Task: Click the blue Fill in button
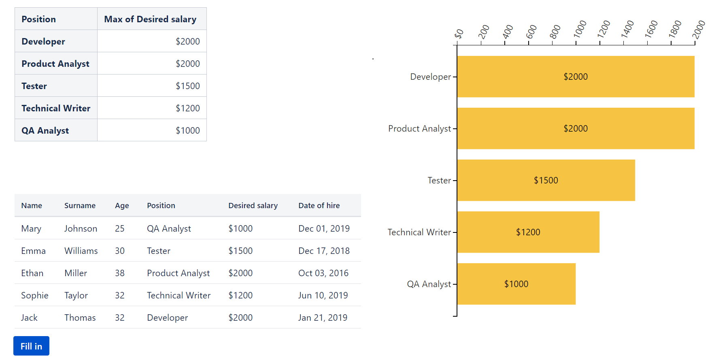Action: pos(31,346)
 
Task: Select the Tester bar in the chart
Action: pos(546,180)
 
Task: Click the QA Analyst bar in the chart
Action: pos(516,284)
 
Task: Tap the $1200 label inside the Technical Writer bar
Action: pos(528,232)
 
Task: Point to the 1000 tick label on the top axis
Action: pos(580,29)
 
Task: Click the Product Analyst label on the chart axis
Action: pos(419,128)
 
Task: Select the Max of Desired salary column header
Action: pos(150,19)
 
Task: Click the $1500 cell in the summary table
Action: pos(187,86)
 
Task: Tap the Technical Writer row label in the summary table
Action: pos(56,108)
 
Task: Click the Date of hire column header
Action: pos(319,205)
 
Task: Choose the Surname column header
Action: pos(80,205)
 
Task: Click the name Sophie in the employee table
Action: pos(35,295)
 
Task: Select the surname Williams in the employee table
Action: pos(81,251)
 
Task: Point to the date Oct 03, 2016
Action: pos(323,273)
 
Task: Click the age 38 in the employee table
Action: pos(119,273)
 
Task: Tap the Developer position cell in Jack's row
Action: pos(167,317)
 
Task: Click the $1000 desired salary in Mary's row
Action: pos(240,228)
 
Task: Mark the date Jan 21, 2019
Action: pos(323,317)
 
